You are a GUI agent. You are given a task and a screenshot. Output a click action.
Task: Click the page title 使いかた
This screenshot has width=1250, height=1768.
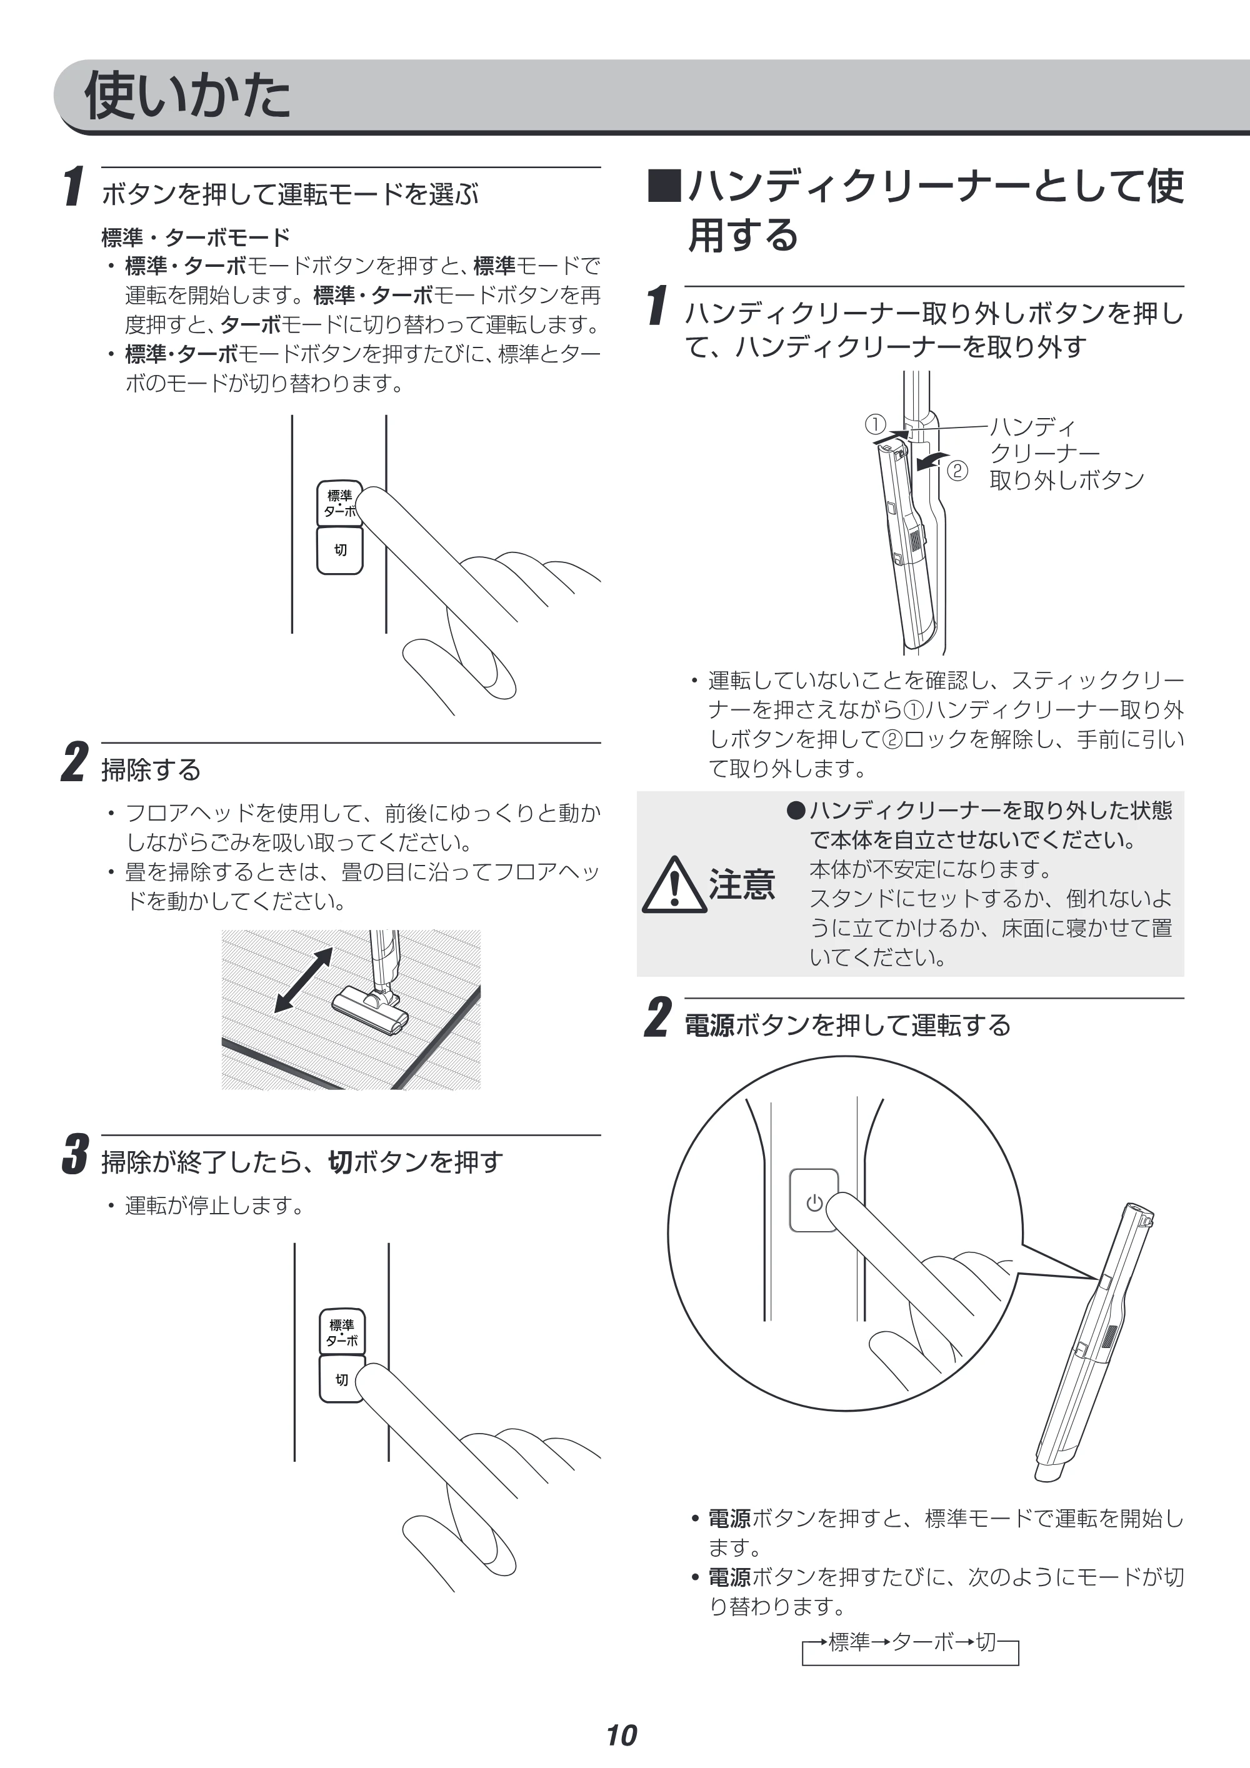point(187,96)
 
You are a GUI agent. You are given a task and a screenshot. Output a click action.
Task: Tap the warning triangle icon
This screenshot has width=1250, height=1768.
point(674,885)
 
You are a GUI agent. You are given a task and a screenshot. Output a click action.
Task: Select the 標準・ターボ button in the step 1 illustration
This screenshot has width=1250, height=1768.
point(339,504)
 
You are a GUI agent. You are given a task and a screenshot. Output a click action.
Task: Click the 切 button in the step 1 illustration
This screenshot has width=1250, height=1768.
point(339,551)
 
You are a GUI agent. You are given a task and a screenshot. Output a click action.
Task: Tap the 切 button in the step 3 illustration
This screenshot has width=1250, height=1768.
point(342,1379)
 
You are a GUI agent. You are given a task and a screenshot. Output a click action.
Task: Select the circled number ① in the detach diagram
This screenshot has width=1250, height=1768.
point(875,424)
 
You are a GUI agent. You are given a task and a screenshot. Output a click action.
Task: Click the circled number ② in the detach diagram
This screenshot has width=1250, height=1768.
point(956,471)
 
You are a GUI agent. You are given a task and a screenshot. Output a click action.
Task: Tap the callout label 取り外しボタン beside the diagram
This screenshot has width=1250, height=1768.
point(1067,480)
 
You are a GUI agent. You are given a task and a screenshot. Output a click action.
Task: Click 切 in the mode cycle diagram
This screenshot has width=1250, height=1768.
point(986,1642)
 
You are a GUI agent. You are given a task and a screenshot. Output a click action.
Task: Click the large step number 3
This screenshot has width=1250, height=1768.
point(75,1154)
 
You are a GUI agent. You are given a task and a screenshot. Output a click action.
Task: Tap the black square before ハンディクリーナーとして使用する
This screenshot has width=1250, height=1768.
point(664,186)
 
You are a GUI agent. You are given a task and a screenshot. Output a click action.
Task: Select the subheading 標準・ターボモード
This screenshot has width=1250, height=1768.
point(196,237)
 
